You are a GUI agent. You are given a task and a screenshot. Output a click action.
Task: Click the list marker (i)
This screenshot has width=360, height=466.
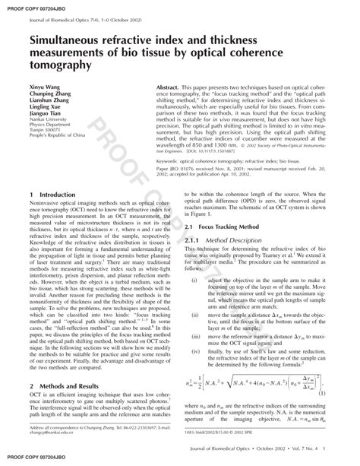pyautogui.click(x=195, y=281)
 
